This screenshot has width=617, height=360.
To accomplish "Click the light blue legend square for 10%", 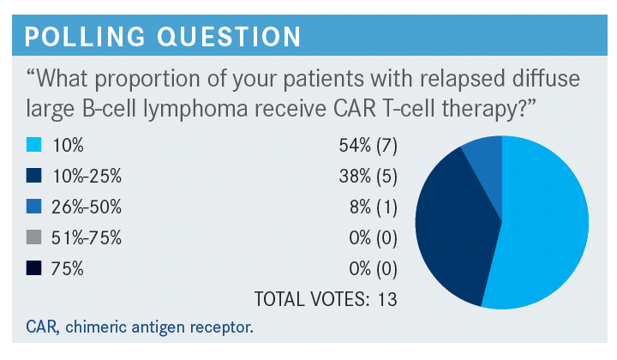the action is pos(33,145).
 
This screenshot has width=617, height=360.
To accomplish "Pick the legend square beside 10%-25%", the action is pos(33,176).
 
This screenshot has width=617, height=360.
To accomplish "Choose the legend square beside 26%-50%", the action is pos(33,207).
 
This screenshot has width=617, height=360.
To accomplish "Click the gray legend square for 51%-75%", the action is pos(33,237).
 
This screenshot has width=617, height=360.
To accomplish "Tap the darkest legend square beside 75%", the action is pos(33,268).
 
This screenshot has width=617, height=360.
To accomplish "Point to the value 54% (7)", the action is pos(368,146).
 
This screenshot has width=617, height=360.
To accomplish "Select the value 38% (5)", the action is pos(368,177).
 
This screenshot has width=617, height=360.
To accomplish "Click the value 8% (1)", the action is pos(374,207).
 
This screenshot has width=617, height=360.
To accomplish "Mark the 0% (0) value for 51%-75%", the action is pos(373,238).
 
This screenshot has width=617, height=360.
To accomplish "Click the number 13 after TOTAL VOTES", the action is pos(387,299).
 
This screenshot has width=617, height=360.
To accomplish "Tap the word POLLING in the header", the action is pos(85,37).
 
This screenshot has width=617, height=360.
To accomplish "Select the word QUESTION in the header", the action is pos(229,37).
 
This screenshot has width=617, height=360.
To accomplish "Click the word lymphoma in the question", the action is pos(195,109).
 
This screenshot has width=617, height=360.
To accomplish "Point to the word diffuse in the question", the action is pos(546,78).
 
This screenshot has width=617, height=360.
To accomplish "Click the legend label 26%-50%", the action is pos(87,207).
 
